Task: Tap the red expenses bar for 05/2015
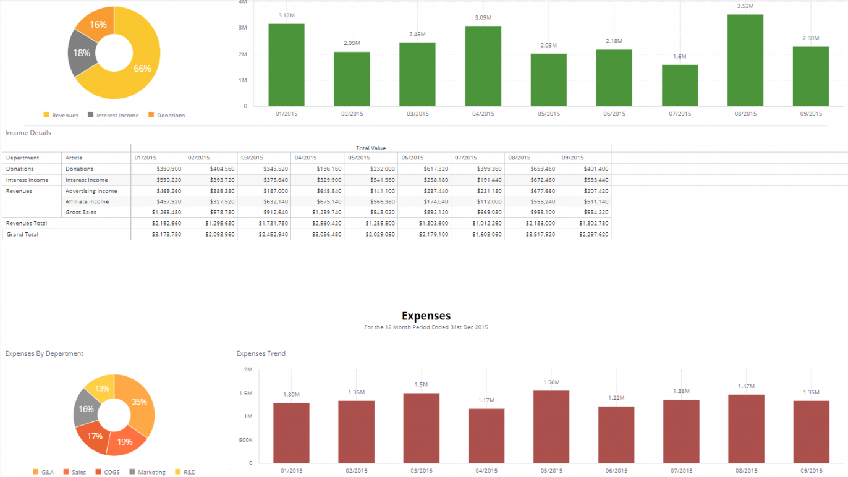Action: pos(551,426)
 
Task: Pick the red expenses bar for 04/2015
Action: pos(486,436)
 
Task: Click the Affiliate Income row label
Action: pos(87,201)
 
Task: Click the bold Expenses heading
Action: pos(426,316)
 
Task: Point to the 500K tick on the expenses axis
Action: pos(245,440)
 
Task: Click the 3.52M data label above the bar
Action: pos(745,6)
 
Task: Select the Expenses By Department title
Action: pos(45,353)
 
